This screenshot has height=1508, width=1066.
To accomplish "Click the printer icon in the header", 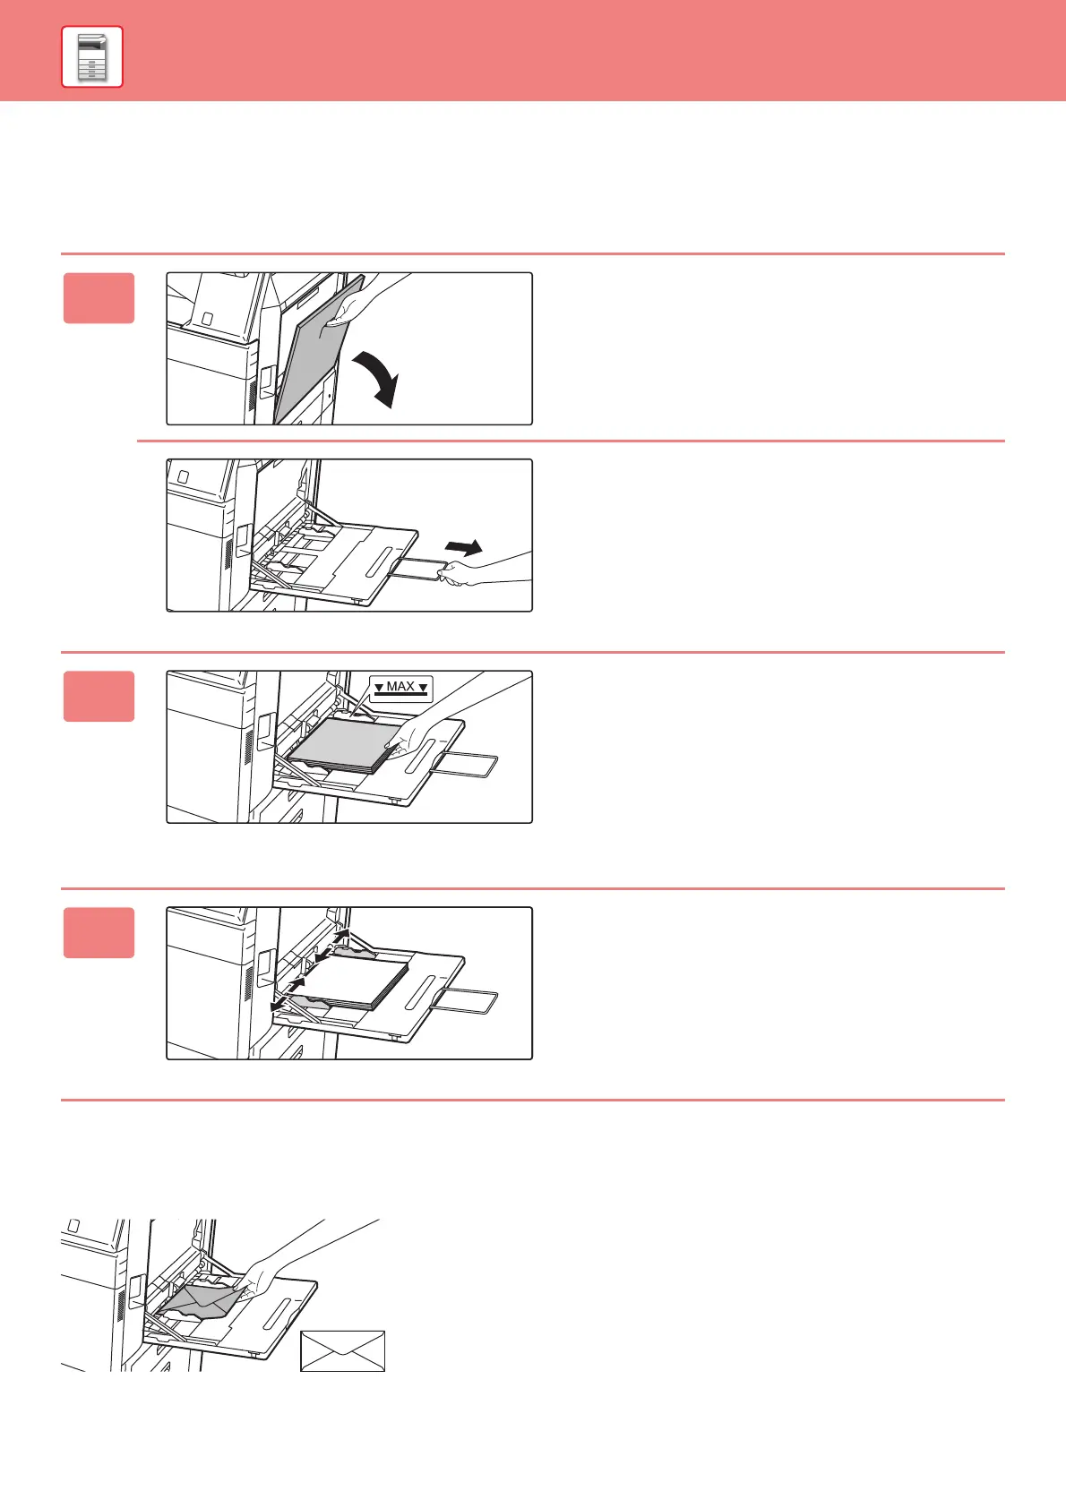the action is click(x=92, y=57).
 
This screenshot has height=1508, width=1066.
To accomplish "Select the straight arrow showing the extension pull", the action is click(x=464, y=547).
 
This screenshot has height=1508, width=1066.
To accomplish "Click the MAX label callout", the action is click(x=401, y=688).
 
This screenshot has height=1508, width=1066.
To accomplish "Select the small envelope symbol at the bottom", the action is click(x=342, y=1350).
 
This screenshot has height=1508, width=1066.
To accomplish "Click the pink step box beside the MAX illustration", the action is click(x=99, y=696).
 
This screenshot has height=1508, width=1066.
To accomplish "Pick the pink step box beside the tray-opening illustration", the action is click(x=99, y=298).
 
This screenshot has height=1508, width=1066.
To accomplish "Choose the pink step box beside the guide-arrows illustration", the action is click(x=99, y=932).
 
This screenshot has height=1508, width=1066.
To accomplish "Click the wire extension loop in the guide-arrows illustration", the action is click(x=465, y=1002).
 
